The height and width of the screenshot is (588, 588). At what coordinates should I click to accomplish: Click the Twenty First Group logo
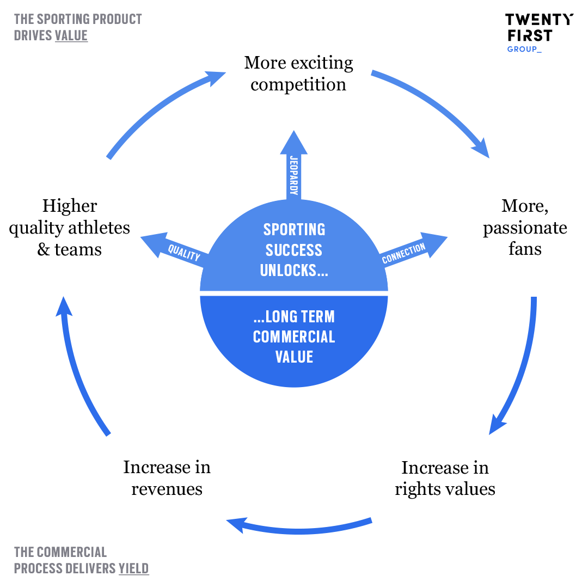[538, 32]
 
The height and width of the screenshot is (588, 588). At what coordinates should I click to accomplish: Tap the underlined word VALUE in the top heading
[71, 36]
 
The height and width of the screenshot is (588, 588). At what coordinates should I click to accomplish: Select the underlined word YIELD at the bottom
[133, 568]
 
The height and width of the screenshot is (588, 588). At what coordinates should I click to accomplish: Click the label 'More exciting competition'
[298, 73]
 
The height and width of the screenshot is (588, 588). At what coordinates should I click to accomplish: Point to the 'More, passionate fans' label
[525, 227]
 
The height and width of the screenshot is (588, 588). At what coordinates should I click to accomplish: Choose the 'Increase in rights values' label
[445, 478]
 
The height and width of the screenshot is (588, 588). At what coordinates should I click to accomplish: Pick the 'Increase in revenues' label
[167, 477]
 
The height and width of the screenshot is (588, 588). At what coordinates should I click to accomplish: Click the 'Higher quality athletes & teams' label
[70, 228]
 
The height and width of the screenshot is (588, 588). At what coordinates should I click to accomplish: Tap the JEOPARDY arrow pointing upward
[294, 166]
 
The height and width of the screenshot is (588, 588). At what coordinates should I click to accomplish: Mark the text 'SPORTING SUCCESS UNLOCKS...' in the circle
[294, 250]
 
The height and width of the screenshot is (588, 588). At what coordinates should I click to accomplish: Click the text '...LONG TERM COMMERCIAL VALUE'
[294, 336]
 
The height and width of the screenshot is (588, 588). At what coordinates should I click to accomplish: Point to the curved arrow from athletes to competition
[158, 109]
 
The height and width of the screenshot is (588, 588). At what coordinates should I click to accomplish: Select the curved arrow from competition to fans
[436, 103]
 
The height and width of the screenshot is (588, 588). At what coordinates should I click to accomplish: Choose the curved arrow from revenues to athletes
[76, 370]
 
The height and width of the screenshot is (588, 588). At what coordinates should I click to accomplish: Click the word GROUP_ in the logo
[524, 49]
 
